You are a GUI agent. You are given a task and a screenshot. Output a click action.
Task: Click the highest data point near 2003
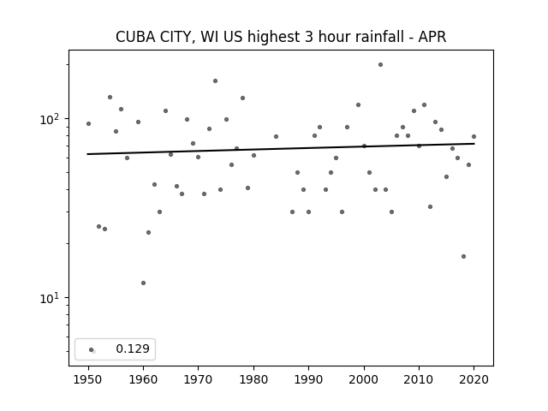pyautogui.click(x=380, y=65)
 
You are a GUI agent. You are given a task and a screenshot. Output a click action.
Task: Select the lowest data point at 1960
pyautogui.click(x=143, y=283)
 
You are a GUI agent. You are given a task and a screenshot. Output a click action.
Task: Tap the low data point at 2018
pyautogui.click(x=464, y=257)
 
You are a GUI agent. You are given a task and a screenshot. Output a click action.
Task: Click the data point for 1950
pyautogui.click(x=88, y=123)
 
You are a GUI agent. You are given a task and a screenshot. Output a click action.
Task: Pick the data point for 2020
pyautogui.click(x=474, y=137)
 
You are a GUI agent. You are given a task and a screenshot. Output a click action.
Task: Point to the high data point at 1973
pyautogui.click(x=215, y=81)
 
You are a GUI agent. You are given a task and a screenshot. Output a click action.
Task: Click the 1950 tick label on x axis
pyautogui.click(x=88, y=379)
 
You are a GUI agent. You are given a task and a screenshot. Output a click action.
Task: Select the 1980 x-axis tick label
pyautogui.click(x=253, y=379)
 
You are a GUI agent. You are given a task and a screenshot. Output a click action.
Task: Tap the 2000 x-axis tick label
pyautogui.click(x=364, y=379)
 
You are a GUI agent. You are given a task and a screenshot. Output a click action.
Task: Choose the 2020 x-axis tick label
pyautogui.click(x=474, y=379)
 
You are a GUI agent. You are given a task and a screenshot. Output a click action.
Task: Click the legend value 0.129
pyautogui.click(x=133, y=348)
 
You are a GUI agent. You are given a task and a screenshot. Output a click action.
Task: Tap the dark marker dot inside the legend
pyautogui.click(x=92, y=350)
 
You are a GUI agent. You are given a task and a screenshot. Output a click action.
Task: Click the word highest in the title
pyautogui.click(x=273, y=38)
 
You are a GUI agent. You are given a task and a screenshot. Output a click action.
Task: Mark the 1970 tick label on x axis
pyautogui.click(x=198, y=379)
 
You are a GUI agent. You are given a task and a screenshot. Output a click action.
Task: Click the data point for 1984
pyautogui.click(x=276, y=137)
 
